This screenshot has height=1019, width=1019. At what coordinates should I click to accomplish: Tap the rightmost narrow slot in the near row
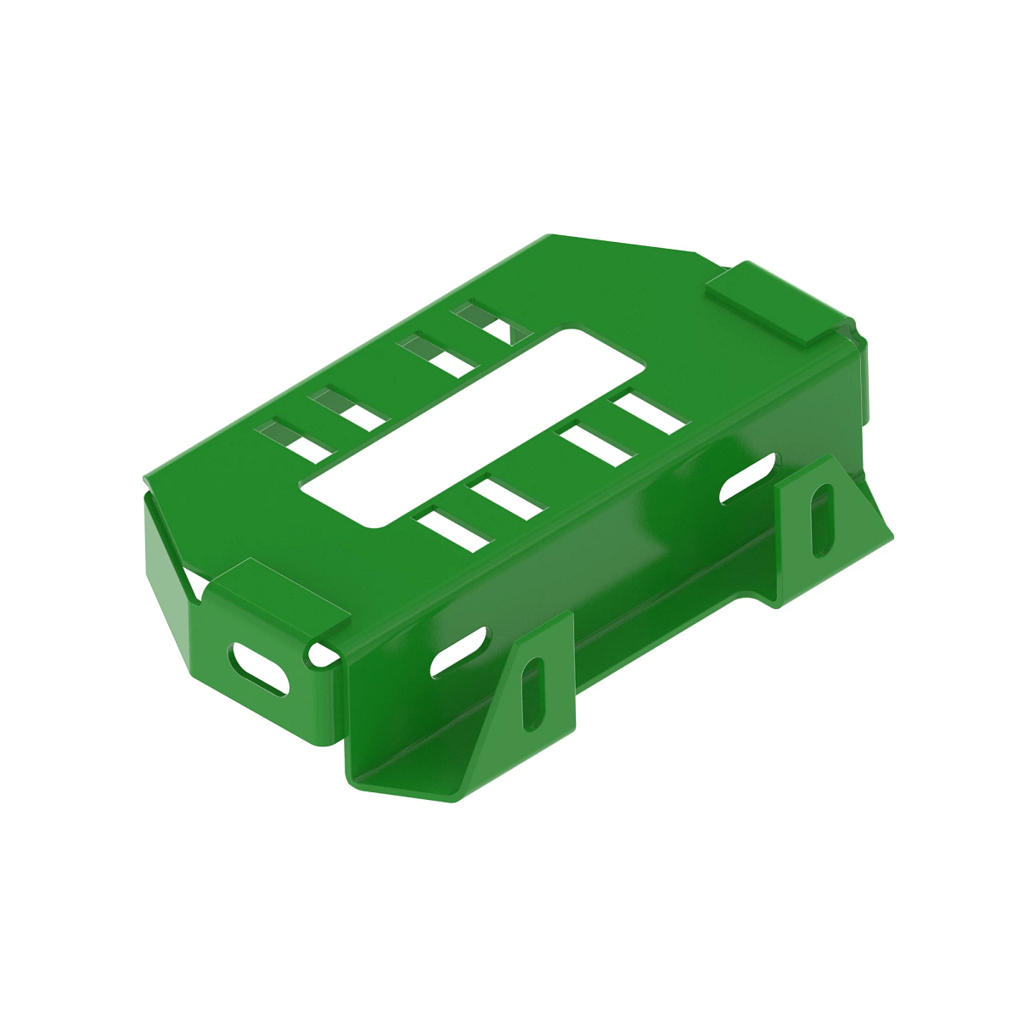coord(650,412)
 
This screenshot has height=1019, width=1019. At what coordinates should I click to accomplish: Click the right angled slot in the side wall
coord(747,477)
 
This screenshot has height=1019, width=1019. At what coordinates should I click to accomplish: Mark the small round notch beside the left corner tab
coord(322,654)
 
